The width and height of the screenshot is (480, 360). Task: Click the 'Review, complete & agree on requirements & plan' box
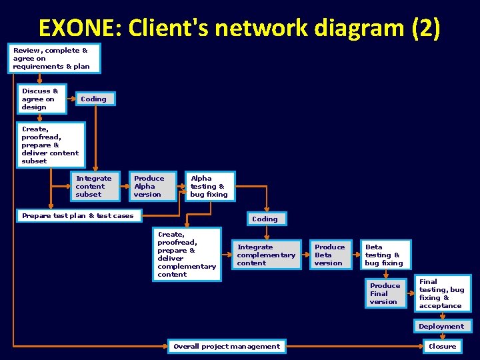[x=55, y=59]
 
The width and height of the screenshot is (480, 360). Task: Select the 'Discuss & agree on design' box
[x=41, y=99]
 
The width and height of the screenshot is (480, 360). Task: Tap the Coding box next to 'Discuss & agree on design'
[x=94, y=99]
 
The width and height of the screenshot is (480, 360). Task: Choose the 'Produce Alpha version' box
[x=153, y=187]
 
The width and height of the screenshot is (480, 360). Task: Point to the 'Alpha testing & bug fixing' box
[x=209, y=187]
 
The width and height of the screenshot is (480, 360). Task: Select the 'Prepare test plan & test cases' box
[x=79, y=216]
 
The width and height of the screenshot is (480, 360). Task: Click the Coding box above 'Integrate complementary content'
[x=265, y=219]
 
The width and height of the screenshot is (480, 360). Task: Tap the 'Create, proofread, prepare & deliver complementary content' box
[x=187, y=255]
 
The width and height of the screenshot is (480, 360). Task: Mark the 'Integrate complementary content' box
[x=266, y=255]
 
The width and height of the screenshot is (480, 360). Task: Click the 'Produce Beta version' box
[x=331, y=255]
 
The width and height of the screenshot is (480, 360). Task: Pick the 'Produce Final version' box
[x=385, y=293]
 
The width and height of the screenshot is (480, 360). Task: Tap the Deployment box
[x=441, y=327]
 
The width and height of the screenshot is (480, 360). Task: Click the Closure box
[x=442, y=346]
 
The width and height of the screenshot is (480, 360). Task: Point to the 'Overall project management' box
[x=227, y=346]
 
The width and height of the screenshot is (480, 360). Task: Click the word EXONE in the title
[x=78, y=28]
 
